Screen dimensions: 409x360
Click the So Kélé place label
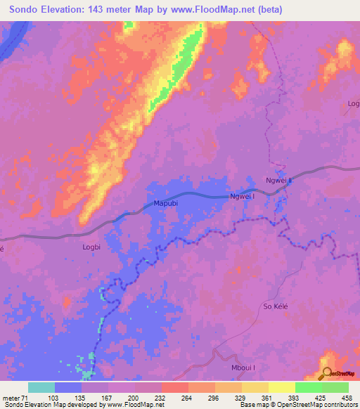276,306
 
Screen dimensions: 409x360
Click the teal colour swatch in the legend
41,387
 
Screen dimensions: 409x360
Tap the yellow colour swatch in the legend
282,387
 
